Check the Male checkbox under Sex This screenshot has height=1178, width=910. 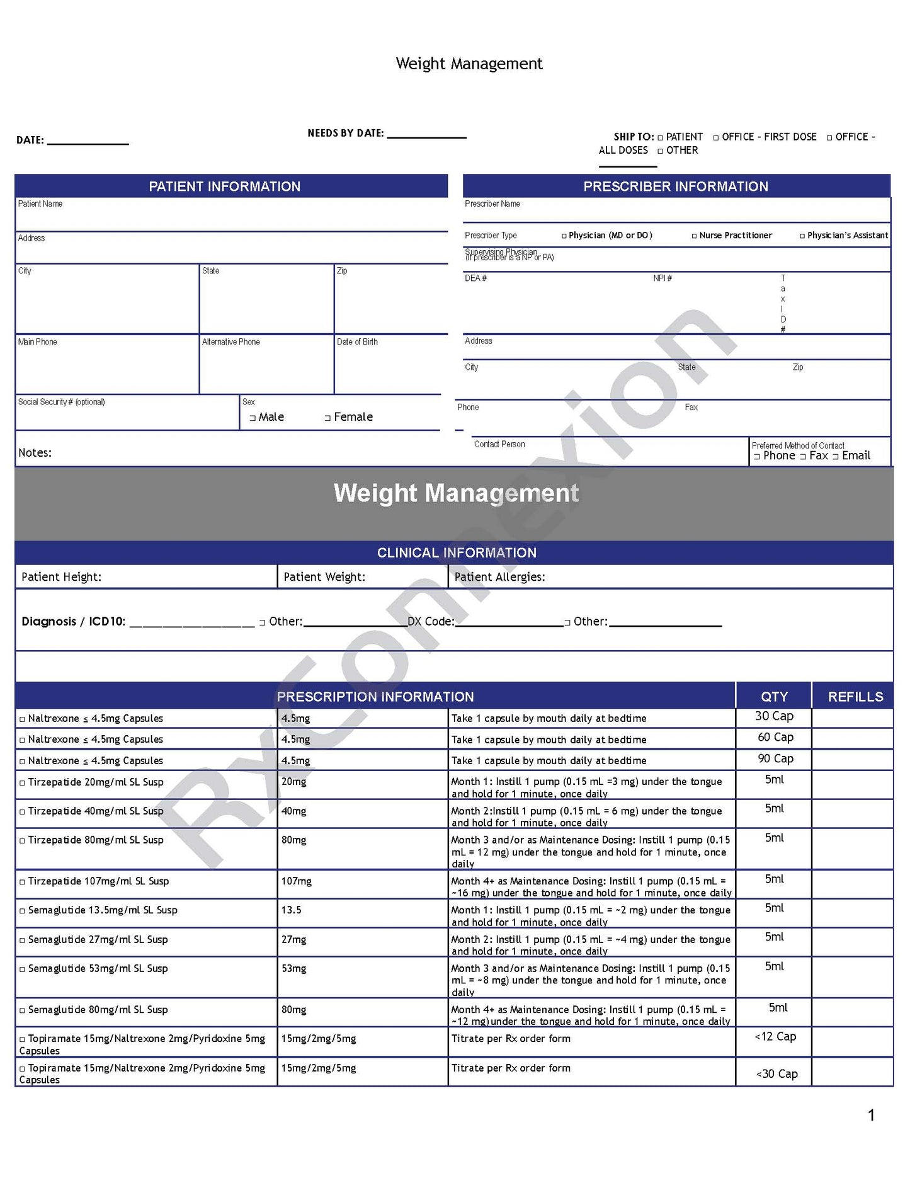point(253,418)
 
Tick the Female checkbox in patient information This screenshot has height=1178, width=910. point(327,418)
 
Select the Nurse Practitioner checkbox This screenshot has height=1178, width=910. point(694,236)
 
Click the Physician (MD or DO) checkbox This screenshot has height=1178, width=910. point(564,236)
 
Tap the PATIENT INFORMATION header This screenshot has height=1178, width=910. point(225,186)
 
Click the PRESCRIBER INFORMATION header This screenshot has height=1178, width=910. point(676,186)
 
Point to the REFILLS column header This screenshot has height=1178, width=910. point(855,697)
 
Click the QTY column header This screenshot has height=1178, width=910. point(774,697)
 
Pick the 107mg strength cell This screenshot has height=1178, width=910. point(297,881)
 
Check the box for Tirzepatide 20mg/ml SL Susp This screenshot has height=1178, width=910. point(23,783)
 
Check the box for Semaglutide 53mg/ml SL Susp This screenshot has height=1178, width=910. point(23,969)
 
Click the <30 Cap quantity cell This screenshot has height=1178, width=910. point(777,1074)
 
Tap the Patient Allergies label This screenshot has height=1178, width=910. point(499,577)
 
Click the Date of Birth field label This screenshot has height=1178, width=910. point(357,342)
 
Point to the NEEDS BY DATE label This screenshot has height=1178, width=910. point(346,134)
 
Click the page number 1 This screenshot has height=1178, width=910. point(871,1116)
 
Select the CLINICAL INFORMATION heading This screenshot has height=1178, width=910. point(457,553)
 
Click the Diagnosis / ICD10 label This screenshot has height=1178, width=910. point(73,622)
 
